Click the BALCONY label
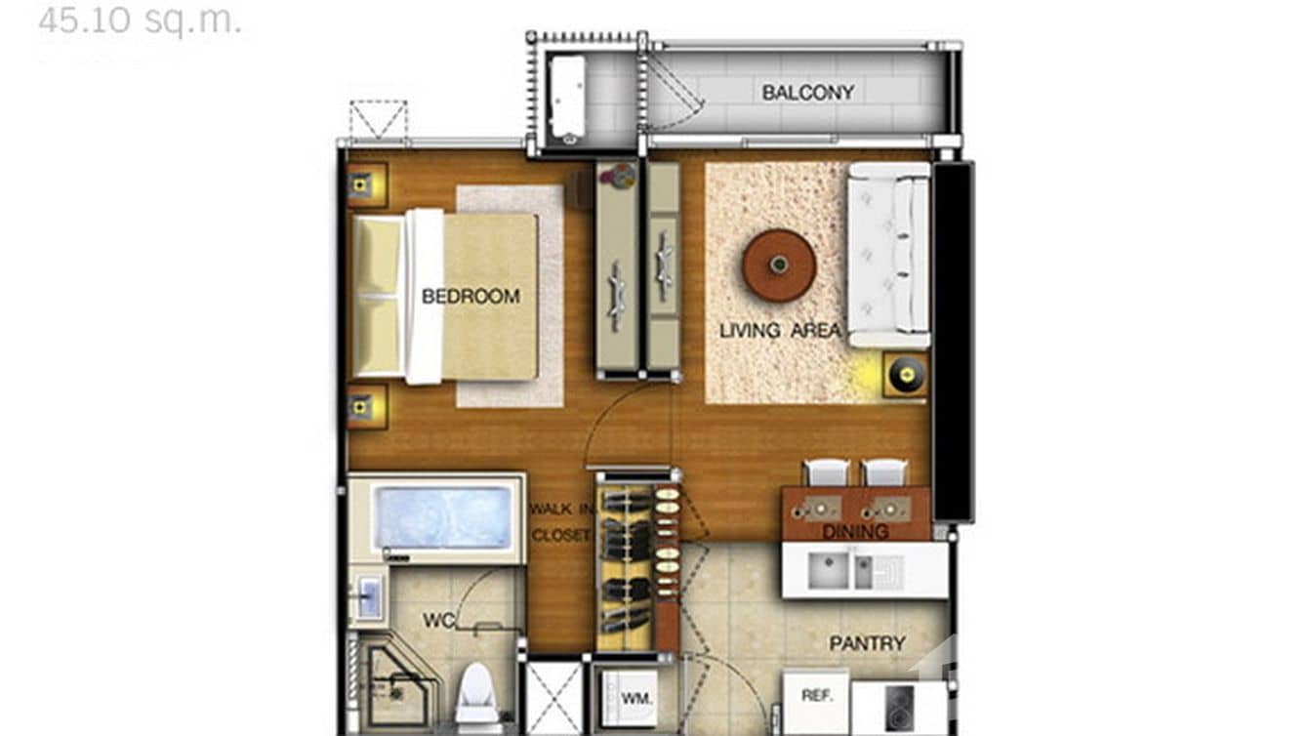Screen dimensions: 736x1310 click(x=807, y=93)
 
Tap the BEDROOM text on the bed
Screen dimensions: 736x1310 click(x=471, y=297)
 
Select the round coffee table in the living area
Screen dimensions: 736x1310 click(x=779, y=265)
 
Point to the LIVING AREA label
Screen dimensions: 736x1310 click(x=780, y=331)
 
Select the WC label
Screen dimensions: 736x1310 click(x=439, y=621)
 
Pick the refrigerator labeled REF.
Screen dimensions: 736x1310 click(x=816, y=696)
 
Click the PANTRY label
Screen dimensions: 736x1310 click(x=867, y=644)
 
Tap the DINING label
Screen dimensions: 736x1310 click(x=855, y=532)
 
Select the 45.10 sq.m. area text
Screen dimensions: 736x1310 click(x=140, y=20)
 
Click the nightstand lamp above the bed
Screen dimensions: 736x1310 click(x=360, y=184)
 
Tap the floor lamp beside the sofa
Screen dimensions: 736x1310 click(x=905, y=374)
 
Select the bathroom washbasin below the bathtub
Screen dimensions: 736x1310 click(x=368, y=597)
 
